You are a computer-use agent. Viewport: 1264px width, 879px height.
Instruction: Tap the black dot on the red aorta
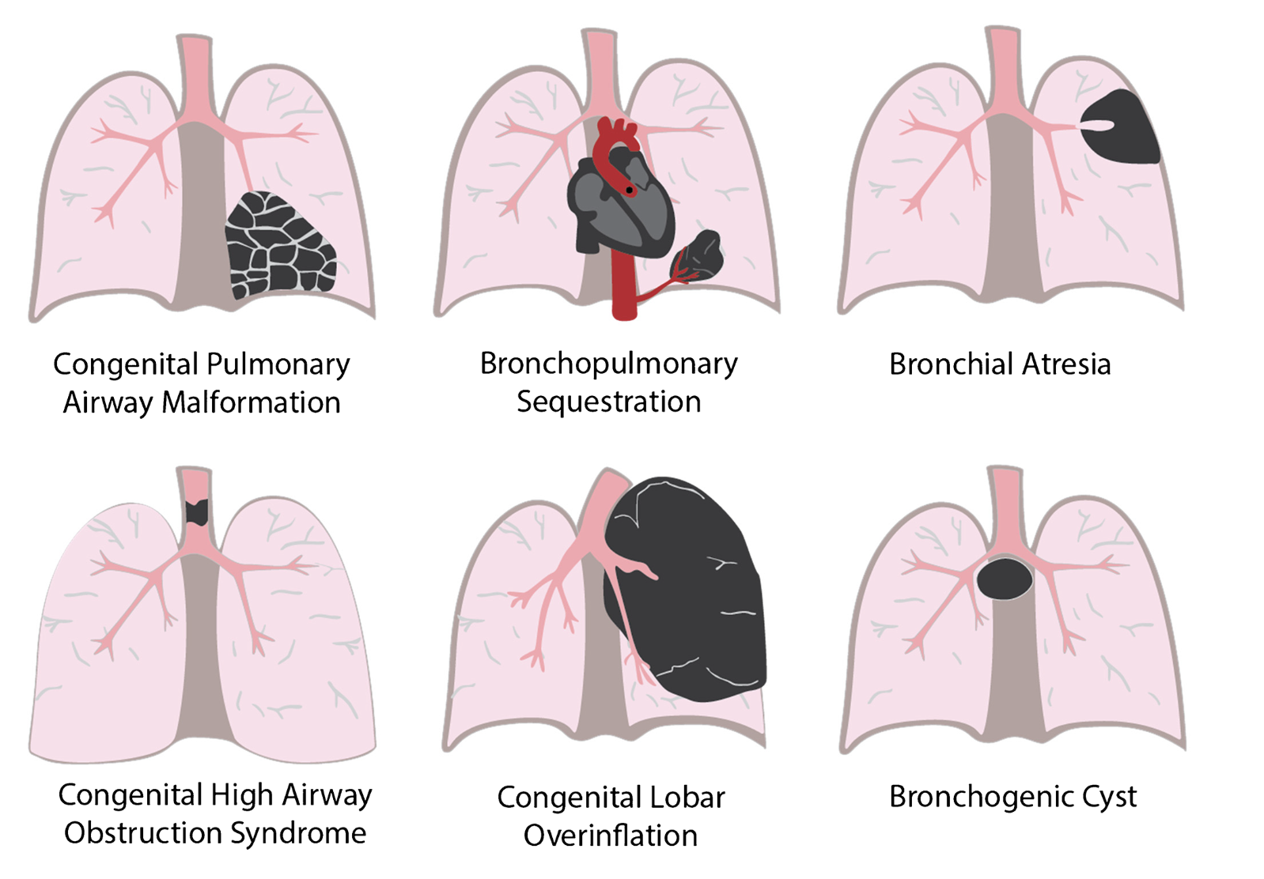[x=629, y=191]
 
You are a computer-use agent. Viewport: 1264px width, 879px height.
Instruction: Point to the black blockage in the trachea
[x=197, y=512]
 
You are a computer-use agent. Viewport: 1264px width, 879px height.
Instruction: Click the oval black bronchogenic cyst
[x=1005, y=579]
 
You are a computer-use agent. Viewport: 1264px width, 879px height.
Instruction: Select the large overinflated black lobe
[x=686, y=589]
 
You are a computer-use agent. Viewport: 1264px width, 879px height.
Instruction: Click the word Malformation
[x=251, y=402]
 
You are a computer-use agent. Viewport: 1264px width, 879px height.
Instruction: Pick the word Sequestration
[x=609, y=402]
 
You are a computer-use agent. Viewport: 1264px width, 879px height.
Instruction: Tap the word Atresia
[x=1066, y=364]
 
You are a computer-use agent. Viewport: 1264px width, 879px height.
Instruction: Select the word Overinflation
[x=611, y=836]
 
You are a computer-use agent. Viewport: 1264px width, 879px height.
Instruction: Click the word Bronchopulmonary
[x=609, y=364]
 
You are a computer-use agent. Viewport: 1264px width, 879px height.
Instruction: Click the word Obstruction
[x=142, y=833]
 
